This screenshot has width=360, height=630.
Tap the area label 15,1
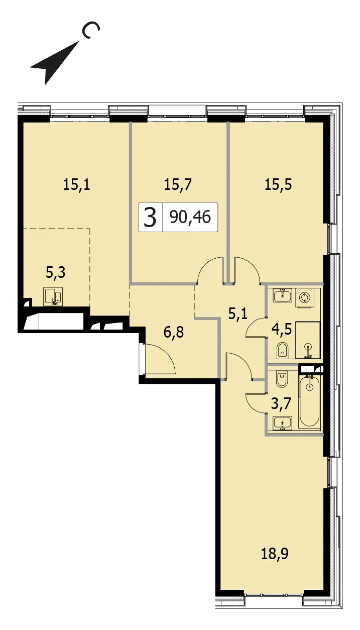pyautogui.click(x=77, y=185)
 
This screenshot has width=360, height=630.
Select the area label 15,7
pyautogui.click(x=178, y=185)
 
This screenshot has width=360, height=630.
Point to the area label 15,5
pyautogui.click(x=279, y=185)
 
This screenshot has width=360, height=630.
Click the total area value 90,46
pyautogui.click(x=190, y=217)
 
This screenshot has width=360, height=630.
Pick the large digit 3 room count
pyautogui.click(x=150, y=217)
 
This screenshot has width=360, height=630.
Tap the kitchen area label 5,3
pyautogui.click(x=56, y=272)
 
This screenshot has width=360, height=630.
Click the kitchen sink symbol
pyautogui.click(x=53, y=296)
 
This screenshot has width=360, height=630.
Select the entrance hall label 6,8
pyautogui.click(x=174, y=332)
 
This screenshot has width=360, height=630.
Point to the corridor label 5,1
pyautogui.click(x=238, y=313)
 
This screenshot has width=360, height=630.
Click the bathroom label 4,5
pyautogui.click(x=282, y=329)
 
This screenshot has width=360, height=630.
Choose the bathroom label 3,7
pyautogui.click(x=281, y=405)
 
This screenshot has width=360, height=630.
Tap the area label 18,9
pyautogui.click(x=275, y=554)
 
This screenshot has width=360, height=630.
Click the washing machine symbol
pyautogui.click(x=304, y=298)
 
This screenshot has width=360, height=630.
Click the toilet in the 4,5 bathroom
pyautogui.click(x=283, y=350)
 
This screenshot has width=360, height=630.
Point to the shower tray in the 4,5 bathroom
pyautogui.click(x=308, y=340)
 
